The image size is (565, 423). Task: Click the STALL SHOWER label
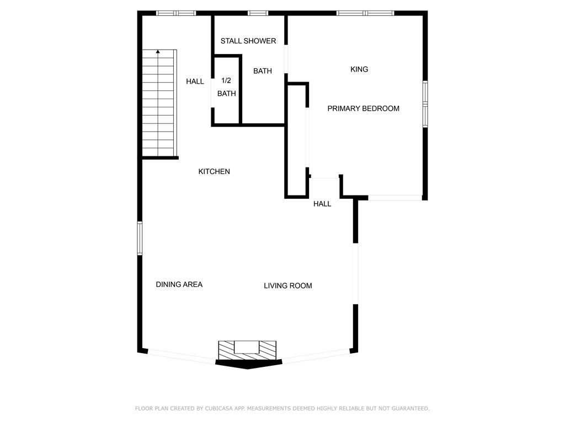(x=248, y=41)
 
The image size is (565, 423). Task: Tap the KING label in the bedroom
(x=359, y=69)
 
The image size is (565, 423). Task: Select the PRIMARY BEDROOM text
(x=363, y=109)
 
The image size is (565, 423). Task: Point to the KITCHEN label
(x=214, y=172)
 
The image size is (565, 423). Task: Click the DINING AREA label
(x=179, y=285)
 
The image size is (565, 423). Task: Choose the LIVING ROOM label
(x=288, y=286)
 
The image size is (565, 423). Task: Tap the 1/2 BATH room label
(x=226, y=87)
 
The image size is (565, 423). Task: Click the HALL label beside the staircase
(x=195, y=82)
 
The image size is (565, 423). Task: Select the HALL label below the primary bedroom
(x=322, y=204)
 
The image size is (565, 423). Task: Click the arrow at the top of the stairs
(x=158, y=52)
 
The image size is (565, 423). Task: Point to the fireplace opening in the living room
(x=247, y=348)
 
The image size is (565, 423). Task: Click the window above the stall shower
(x=258, y=13)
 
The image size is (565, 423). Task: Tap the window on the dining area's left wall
(x=140, y=238)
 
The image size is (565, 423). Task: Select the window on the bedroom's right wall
(x=425, y=104)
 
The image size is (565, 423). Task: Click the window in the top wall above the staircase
(x=176, y=13)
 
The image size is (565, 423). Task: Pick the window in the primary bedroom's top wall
(x=365, y=13)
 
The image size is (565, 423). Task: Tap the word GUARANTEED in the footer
(x=410, y=408)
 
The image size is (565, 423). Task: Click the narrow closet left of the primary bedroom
(x=297, y=140)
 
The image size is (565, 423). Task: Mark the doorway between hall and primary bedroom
(x=324, y=178)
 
